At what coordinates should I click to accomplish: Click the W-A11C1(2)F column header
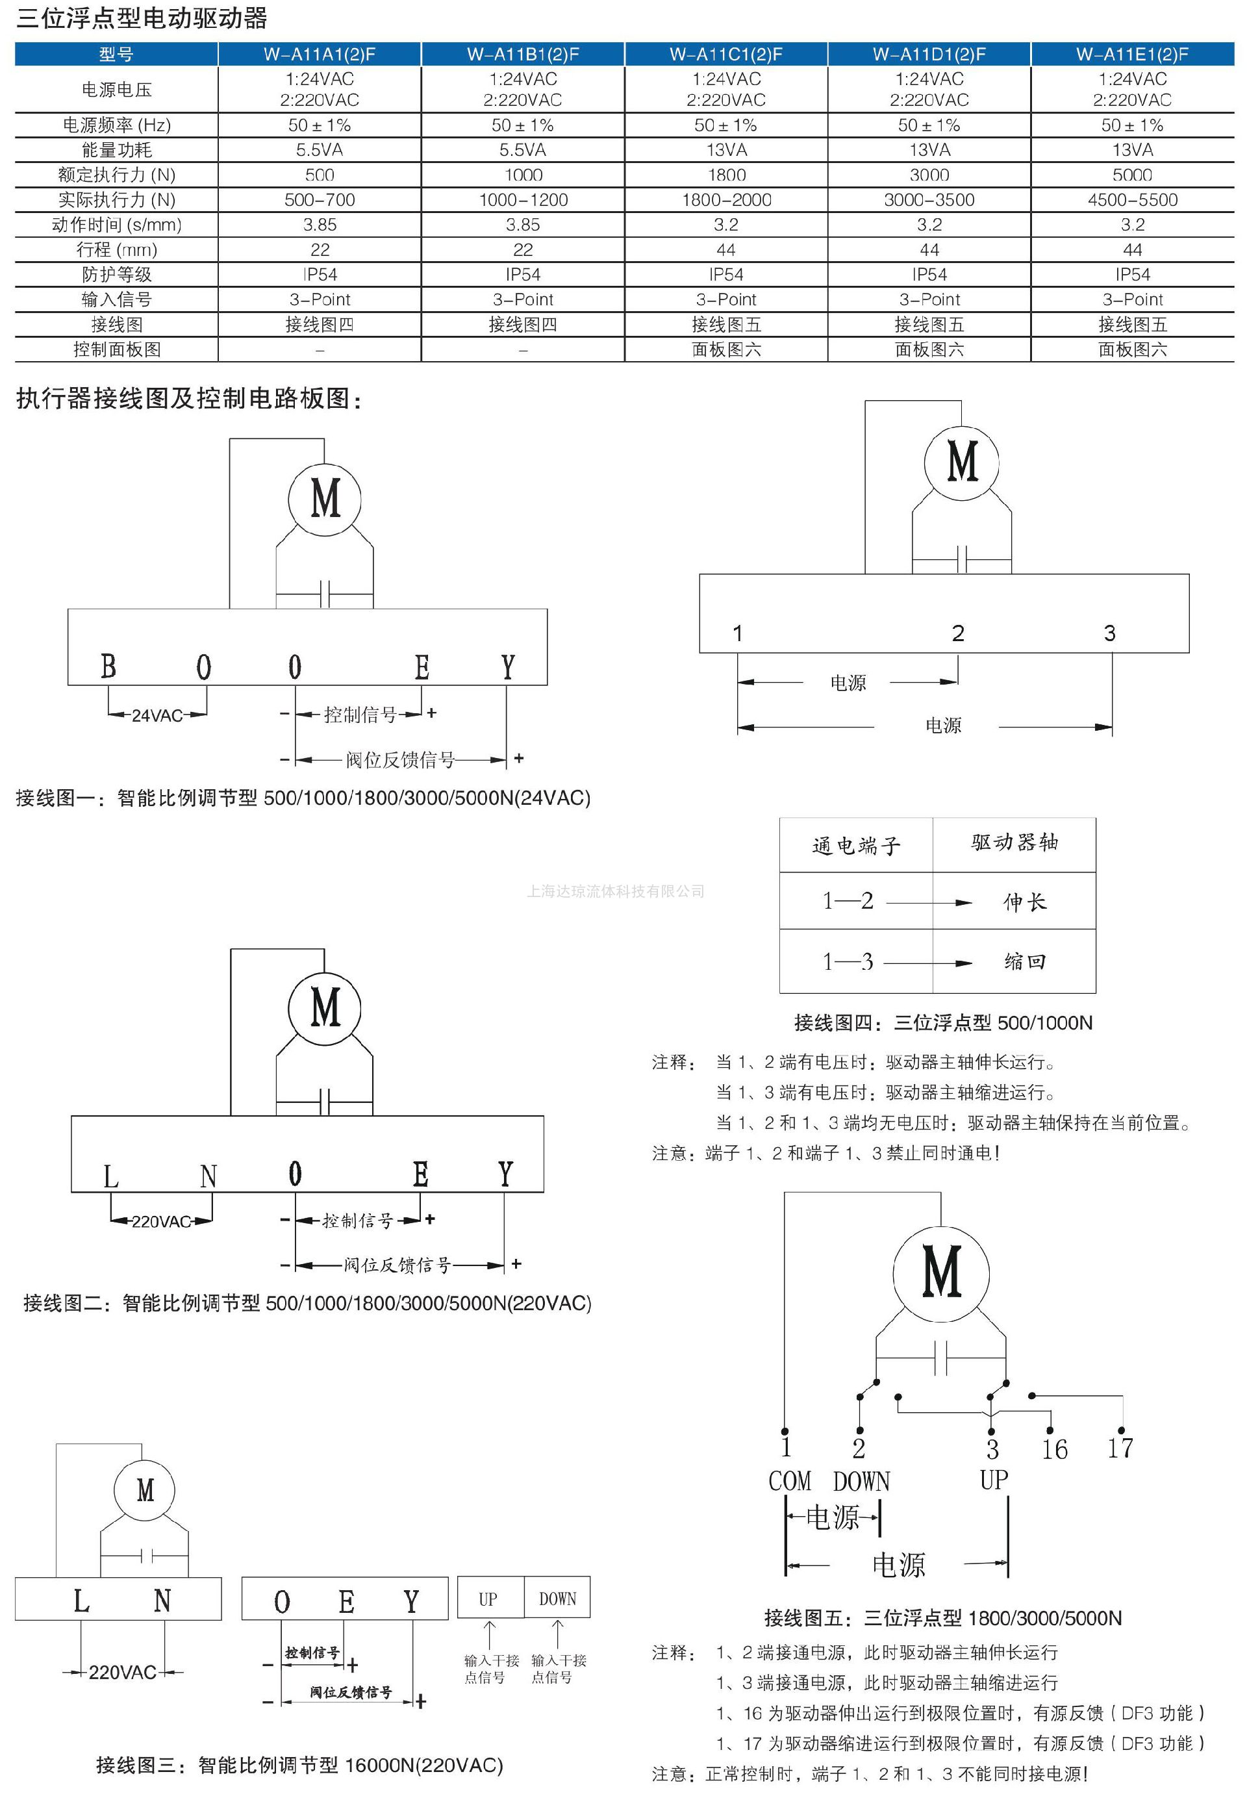(726, 54)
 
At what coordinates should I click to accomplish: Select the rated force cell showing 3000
(929, 175)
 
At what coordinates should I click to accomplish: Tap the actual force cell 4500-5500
(1132, 200)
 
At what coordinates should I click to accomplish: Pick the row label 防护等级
(116, 274)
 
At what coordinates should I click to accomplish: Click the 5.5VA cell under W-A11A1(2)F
(320, 150)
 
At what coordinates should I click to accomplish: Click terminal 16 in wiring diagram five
(1054, 1449)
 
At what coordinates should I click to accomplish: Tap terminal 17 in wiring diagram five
(1120, 1448)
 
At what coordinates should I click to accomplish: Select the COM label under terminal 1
(789, 1482)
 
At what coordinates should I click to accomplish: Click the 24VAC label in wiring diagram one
(157, 716)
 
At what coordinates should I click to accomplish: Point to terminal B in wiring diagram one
(108, 666)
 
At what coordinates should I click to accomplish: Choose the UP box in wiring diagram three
(488, 1599)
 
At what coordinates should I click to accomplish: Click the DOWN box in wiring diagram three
(557, 1599)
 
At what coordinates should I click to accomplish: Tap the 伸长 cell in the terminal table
(1024, 902)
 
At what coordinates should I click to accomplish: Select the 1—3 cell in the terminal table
(848, 962)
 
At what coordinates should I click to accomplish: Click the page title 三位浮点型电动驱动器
(142, 18)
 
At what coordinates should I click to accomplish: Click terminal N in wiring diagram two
(208, 1176)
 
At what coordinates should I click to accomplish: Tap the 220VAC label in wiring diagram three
(123, 1672)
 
